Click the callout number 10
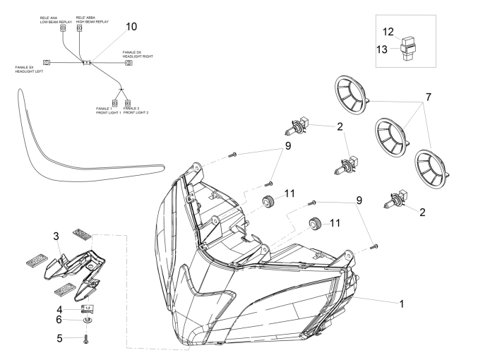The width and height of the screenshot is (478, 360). point(131,27)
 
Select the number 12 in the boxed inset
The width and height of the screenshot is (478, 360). point(388,32)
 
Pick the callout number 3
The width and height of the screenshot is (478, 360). point(55,236)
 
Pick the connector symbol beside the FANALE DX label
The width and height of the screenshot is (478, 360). point(129,64)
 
